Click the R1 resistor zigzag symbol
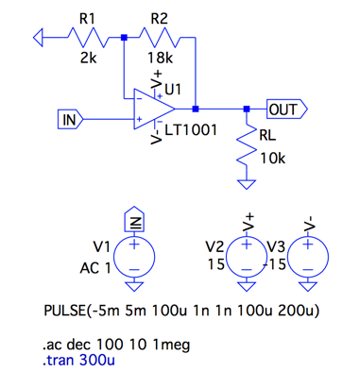(89, 38)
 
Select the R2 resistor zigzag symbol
(160, 38)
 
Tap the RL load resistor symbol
(247, 144)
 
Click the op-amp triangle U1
(154, 109)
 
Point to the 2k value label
(89, 58)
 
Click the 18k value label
(161, 58)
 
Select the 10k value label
(273, 159)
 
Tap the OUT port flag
(287, 110)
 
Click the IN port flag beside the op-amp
(71, 119)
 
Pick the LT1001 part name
(191, 130)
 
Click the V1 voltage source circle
(134, 257)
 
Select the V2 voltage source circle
(247, 257)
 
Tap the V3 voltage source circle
(308, 257)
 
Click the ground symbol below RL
(247, 184)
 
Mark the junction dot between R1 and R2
(124, 38)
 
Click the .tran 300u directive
(78, 360)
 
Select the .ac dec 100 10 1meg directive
(116, 345)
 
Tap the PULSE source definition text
(181, 311)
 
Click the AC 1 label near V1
(95, 268)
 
